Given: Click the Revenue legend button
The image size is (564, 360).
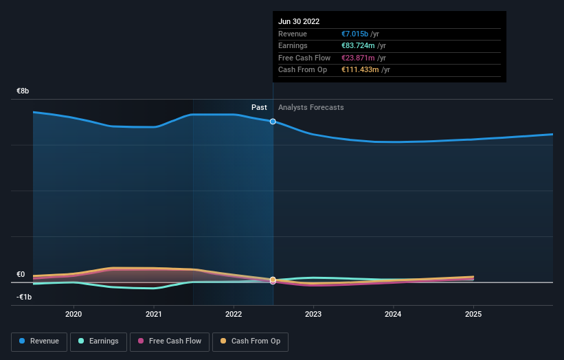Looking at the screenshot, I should [40, 341].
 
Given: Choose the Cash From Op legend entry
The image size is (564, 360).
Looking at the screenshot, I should [250, 341].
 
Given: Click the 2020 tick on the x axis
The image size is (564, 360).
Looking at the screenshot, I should [74, 314].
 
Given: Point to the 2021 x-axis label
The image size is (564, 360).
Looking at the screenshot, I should [154, 314].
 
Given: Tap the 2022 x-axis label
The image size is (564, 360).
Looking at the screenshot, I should [234, 314].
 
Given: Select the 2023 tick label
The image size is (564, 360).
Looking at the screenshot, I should [313, 314].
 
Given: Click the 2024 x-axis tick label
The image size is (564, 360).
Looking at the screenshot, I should [394, 314].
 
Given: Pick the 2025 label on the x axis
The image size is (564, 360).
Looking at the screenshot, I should [473, 314].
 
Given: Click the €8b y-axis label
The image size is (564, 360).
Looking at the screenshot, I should [23, 91].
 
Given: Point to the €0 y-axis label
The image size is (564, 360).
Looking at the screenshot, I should [21, 274].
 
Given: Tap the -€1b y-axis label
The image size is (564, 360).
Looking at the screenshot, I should [24, 296].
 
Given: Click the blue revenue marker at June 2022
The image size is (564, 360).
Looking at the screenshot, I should [273, 122].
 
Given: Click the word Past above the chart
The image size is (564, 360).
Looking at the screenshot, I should [259, 107].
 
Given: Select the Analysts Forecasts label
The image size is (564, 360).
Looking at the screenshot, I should [311, 107].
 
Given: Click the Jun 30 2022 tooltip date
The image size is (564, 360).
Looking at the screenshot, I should [299, 22].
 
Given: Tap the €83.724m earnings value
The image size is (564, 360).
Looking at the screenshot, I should [361, 46].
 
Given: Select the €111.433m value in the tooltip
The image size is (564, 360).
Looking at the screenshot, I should [360, 69].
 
